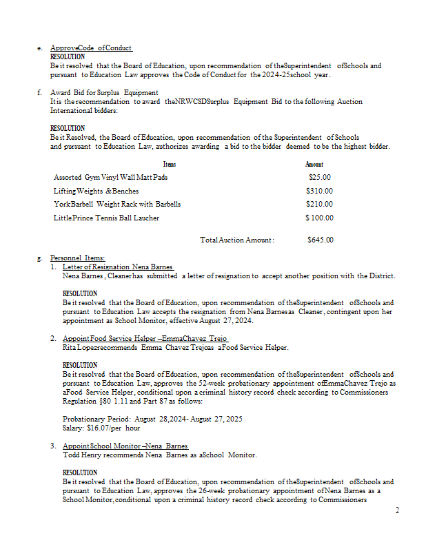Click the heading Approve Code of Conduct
91,48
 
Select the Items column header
170,164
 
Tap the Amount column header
314,164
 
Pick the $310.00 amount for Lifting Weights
320,191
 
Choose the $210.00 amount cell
320,204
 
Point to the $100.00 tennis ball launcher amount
320,218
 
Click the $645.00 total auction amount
321,240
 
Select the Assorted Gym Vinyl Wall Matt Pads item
110,177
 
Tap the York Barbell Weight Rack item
117,204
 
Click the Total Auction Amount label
237,240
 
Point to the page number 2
396,510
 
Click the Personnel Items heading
77,258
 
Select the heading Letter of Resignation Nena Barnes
117,267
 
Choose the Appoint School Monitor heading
125,446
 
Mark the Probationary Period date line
143,419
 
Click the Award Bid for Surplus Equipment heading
104,92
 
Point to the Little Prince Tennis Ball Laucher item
106,218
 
